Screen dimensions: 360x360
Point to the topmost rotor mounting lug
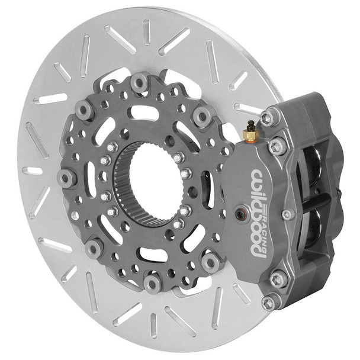click(x=140, y=83)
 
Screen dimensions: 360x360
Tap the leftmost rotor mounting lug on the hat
click(x=66, y=176)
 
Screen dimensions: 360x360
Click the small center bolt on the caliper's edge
click(x=287, y=214)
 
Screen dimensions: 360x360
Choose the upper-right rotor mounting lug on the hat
click(x=202, y=116)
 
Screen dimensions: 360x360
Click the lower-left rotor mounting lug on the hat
click(x=94, y=248)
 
